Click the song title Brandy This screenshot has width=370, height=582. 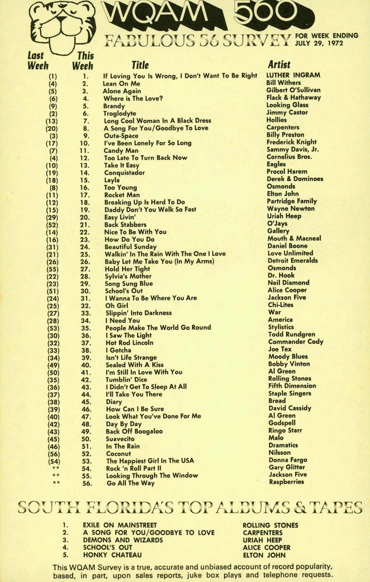pyautogui.click(x=114, y=106)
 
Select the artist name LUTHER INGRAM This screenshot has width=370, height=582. pyautogui.click(x=293, y=75)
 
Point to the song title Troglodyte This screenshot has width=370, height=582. pyautogui.click(x=120, y=113)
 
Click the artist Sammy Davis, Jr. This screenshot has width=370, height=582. pyautogui.click(x=292, y=149)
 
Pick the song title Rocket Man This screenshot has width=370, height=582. pyautogui.click(x=122, y=195)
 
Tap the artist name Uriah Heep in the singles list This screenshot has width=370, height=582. pyautogui.click(x=284, y=216)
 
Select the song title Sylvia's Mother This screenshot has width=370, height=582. pyautogui.click(x=128, y=276)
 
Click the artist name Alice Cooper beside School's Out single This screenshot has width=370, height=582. pyautogui.click(x=287, y=290)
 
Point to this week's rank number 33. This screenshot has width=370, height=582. pyautogui.click(x=85, y=313)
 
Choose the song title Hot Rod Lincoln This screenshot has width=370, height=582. pyautogui.click(x=129, y=343)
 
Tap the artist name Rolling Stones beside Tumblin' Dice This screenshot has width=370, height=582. pyautogui.click(x=289, y=378)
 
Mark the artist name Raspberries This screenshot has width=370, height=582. pyautogui.click(x=286, y=482)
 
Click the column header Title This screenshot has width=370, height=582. pyautogui.click(x=140, y=65)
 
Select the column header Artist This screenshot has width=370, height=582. pyautogui.click(x=279, y=65)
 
